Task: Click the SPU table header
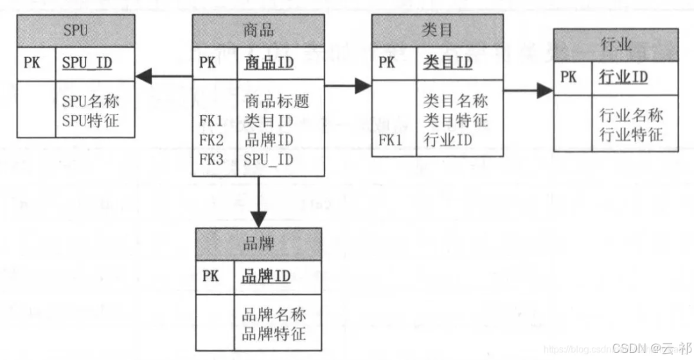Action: (76, 30)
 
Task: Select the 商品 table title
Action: (259, 30)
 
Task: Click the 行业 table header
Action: (616, 45)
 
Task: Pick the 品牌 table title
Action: (259, 244)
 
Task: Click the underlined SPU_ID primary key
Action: (89, 63)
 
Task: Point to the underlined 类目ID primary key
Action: (448, 62)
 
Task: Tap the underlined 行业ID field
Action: (623, 78)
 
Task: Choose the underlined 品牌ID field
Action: (265, 276)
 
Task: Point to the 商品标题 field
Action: (277, 101)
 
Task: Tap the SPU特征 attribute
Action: (91, 120)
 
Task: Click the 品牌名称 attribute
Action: (274, 315)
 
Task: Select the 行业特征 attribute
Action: (631, 135)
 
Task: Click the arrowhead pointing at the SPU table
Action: (143, 76)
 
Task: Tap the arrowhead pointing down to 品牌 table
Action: (258, 219)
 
